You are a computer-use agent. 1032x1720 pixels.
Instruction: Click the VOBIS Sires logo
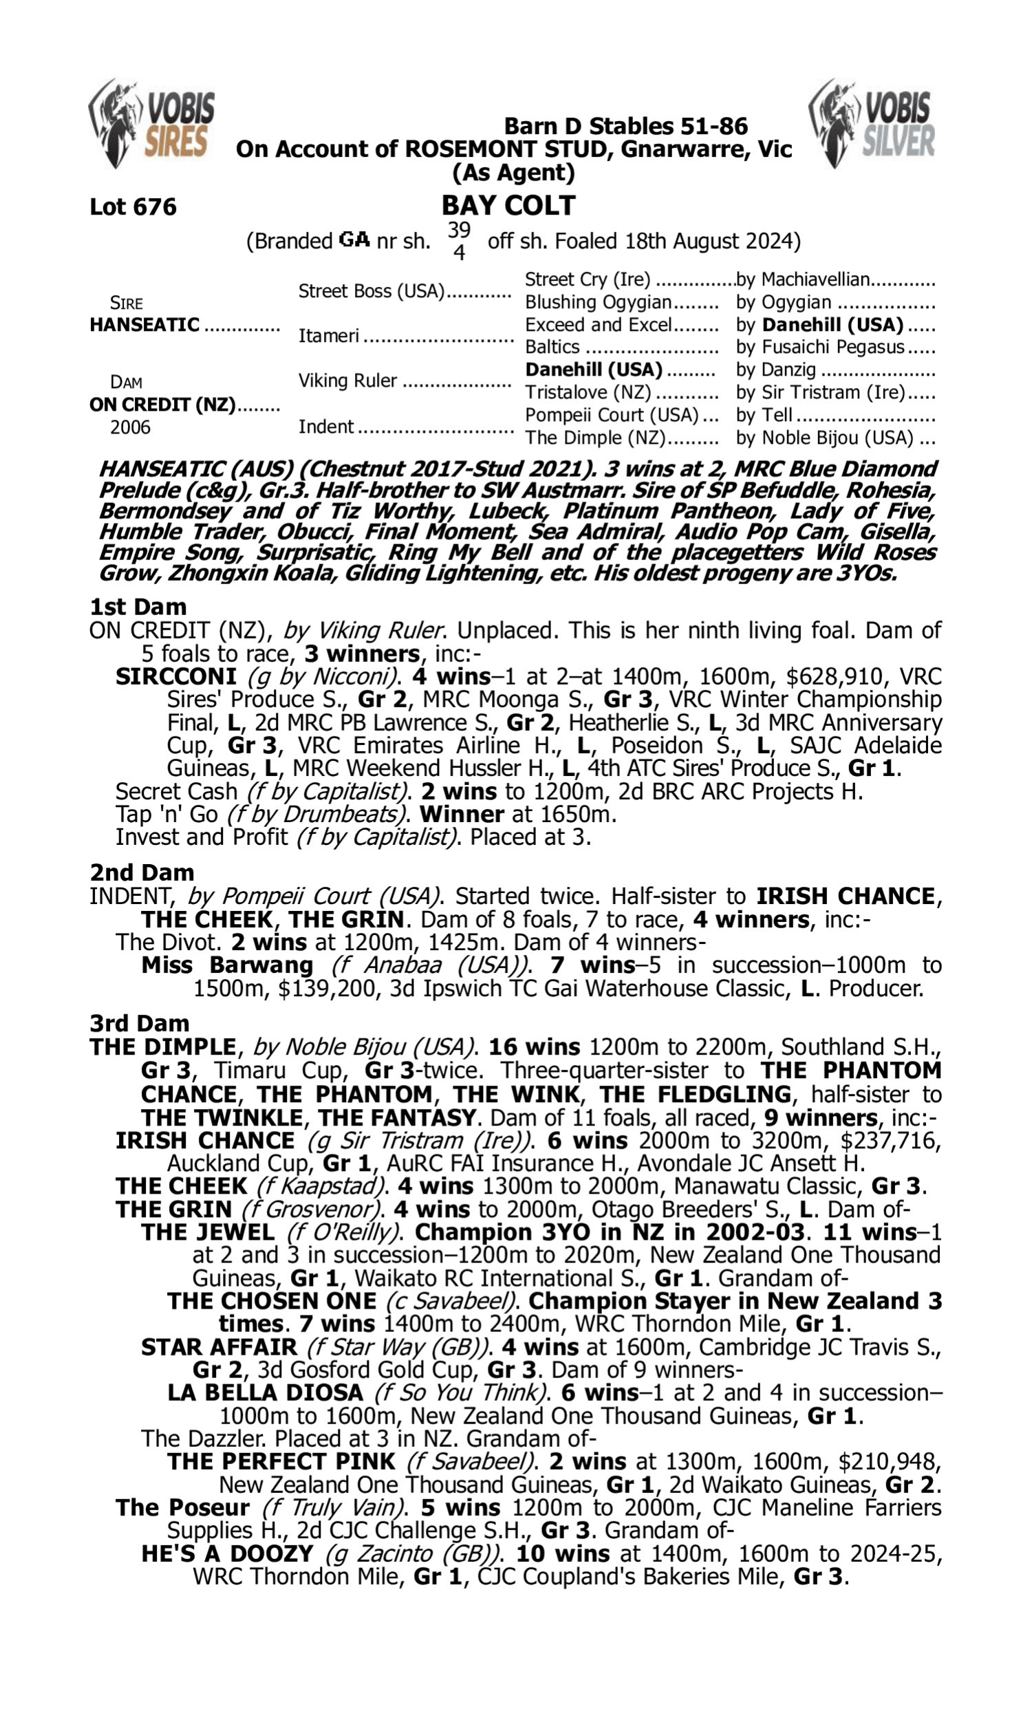point(151,124)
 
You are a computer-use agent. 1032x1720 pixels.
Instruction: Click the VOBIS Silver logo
point(872,124)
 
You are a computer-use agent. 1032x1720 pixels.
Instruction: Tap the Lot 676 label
point(133,206)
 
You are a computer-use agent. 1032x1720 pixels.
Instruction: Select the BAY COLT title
point(508,205)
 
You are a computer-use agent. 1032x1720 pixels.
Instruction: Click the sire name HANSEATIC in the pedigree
point(144,325)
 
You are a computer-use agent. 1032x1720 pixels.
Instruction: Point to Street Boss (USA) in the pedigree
point(372,290)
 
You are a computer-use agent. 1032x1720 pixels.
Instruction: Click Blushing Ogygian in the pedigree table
point(598,302)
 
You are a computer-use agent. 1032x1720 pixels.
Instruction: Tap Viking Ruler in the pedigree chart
point(347,380)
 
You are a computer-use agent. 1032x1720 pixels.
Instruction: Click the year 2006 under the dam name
point(130,427)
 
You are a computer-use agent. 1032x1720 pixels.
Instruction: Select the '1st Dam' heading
point(138,607)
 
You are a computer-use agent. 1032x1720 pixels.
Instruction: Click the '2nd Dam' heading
point(142,872)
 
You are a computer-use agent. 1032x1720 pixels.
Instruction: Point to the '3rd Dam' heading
point(139,1023)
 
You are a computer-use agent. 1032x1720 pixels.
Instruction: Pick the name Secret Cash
point(177,791)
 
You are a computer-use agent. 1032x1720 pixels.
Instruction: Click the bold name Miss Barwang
point(228,965)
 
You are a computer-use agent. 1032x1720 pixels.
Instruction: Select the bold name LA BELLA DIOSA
point(265,1393)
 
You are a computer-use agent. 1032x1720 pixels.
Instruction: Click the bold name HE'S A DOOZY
point(228,1553)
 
